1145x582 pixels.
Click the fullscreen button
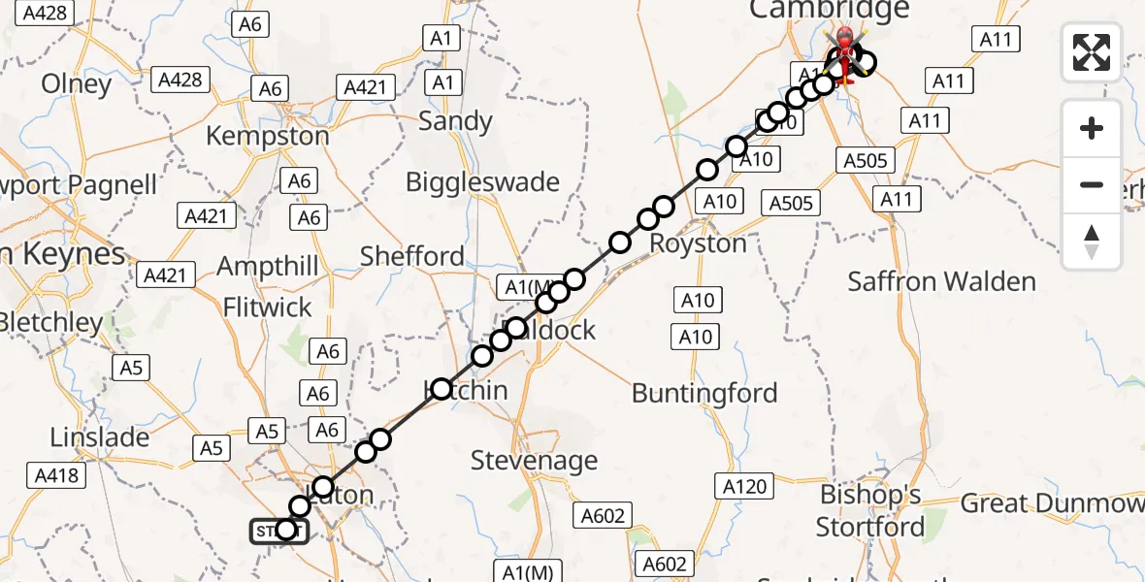point(1092,51)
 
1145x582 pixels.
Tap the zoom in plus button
point(1092,128)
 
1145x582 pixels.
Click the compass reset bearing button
point(1092,242)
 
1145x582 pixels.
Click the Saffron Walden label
point(941,282)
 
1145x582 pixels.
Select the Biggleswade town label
point(482,182)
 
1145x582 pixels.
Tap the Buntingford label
point(704,393)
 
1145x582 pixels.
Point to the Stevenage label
point(534,460)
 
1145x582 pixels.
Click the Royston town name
point(698,243)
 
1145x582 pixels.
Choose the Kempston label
point(268,137)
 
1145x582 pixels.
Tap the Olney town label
point(77,84)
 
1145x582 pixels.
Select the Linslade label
point(100,437)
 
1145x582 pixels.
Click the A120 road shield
point(744,486)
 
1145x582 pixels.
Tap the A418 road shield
point(57,475)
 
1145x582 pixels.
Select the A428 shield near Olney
point(180,79)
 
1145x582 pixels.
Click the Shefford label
point(412,256)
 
